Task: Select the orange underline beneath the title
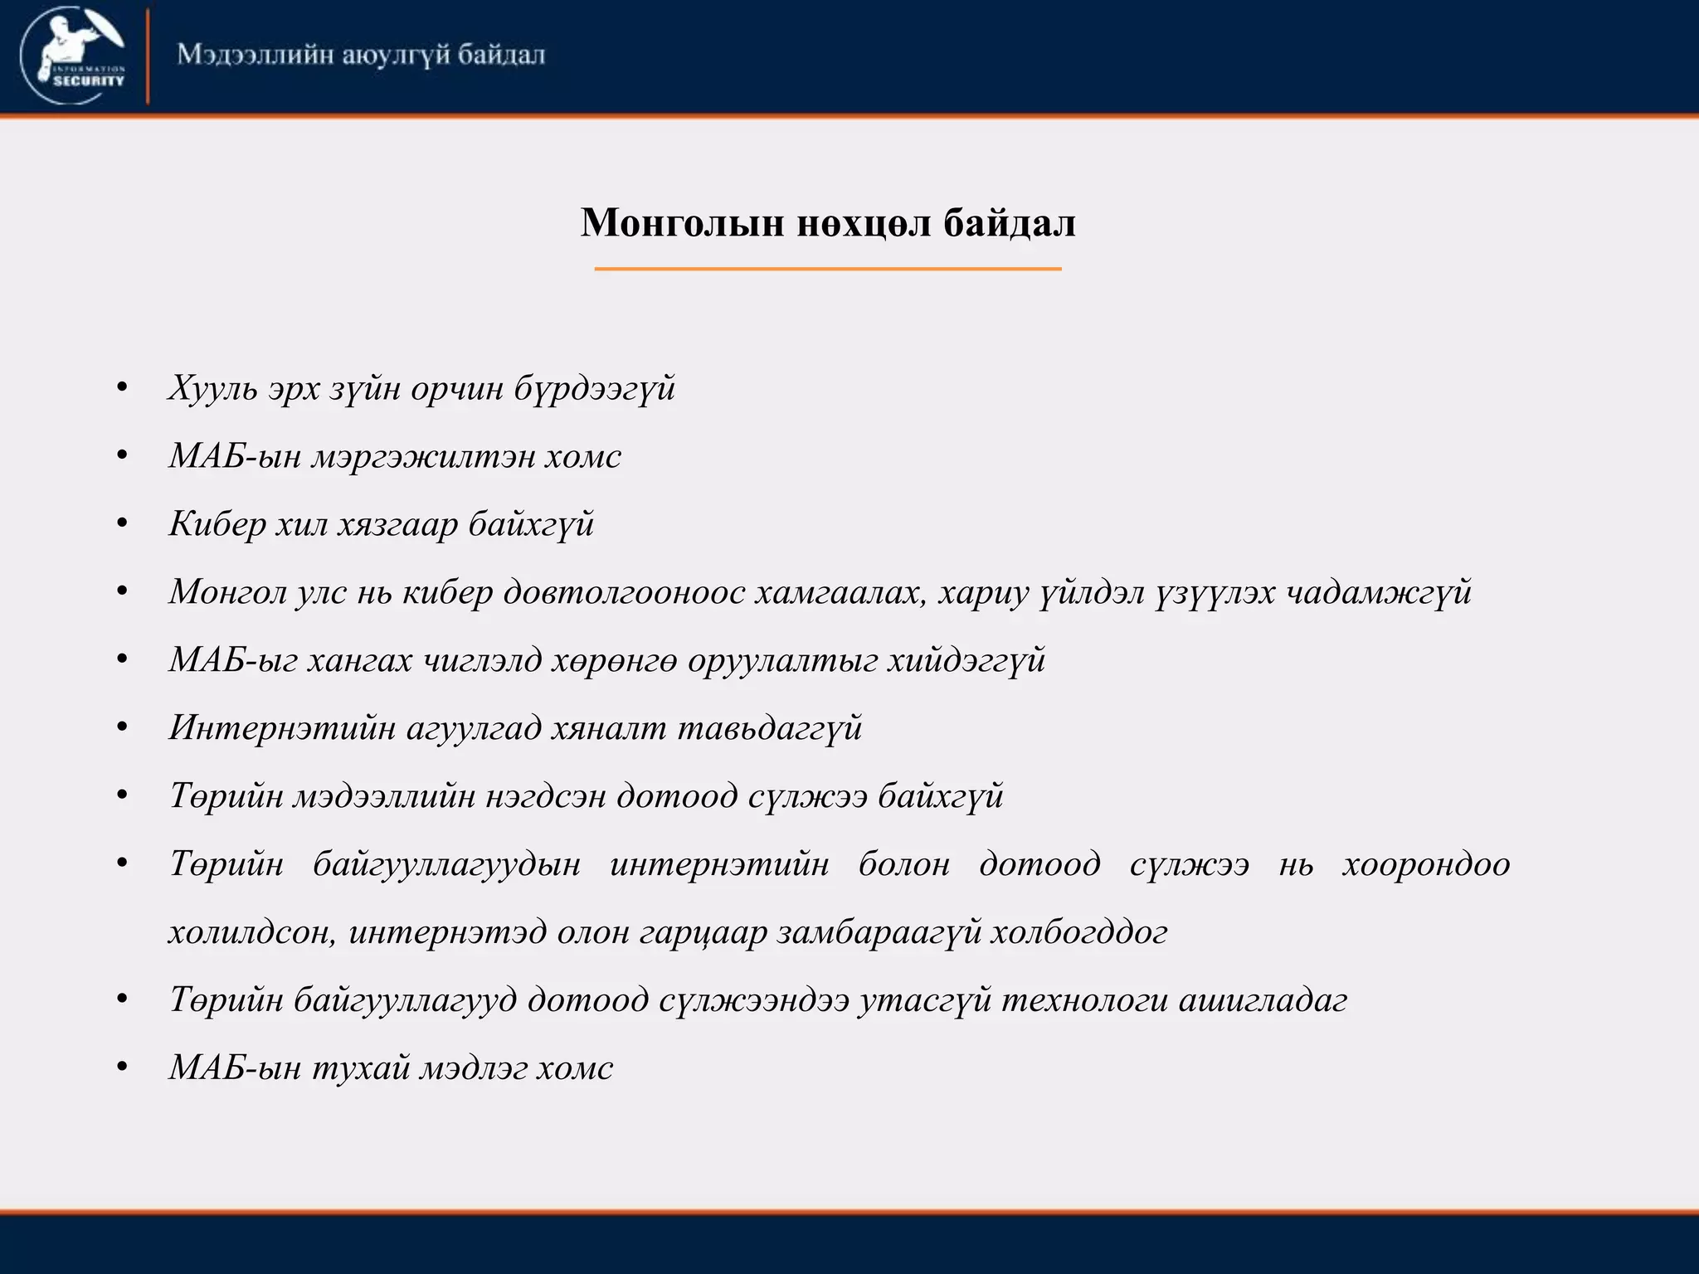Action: click(828, 269)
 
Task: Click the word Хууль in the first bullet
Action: click(212, 388)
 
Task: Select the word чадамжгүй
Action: click(1378, 592)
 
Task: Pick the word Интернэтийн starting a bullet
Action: click(282, 728)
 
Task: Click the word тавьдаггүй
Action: click(770, 728)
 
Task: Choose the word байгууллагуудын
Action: click(446, 864)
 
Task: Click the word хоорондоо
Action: click(1425, 864)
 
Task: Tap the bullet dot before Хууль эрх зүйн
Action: click(122, 388)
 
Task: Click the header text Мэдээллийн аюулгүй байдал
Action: click(361, 55)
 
